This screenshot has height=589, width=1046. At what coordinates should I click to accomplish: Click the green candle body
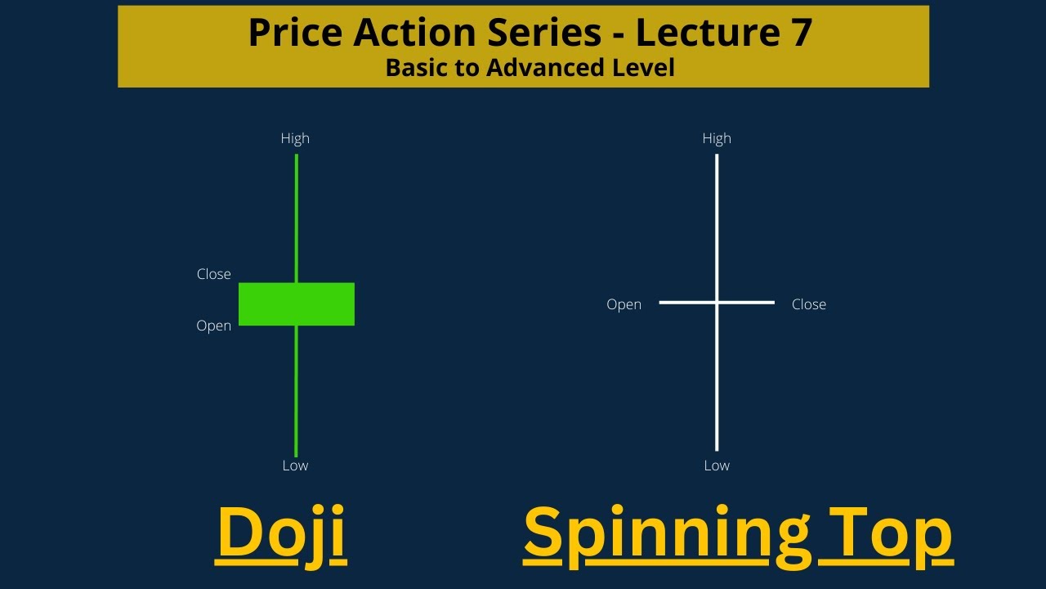click(x=297, y=304)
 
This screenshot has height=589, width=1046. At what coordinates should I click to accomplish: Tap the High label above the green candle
click(x=295, y=138)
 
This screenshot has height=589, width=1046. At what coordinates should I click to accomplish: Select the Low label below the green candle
click(x=295, y=465)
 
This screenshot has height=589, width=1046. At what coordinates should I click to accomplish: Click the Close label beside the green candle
click(x=214, y=274)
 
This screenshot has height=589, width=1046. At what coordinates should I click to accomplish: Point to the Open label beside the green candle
click(x=214, y=326)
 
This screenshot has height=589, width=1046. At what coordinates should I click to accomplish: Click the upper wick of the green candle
click(x=296, y=217)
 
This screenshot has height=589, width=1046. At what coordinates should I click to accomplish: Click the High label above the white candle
click(x=717, y=138)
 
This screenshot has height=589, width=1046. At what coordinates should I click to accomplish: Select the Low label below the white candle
click(x=717, y=465)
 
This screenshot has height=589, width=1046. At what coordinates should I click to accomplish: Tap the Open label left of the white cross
click(x=624, y=304)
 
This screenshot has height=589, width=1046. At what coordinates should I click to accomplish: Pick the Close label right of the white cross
click(x=809, y=304)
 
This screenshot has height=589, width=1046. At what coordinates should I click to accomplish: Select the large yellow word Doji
click(x=281, y=533)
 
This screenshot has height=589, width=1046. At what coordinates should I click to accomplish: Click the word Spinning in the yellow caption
click(x=663, y=534)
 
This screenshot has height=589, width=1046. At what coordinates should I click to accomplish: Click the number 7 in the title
click(x=800, y=32)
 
